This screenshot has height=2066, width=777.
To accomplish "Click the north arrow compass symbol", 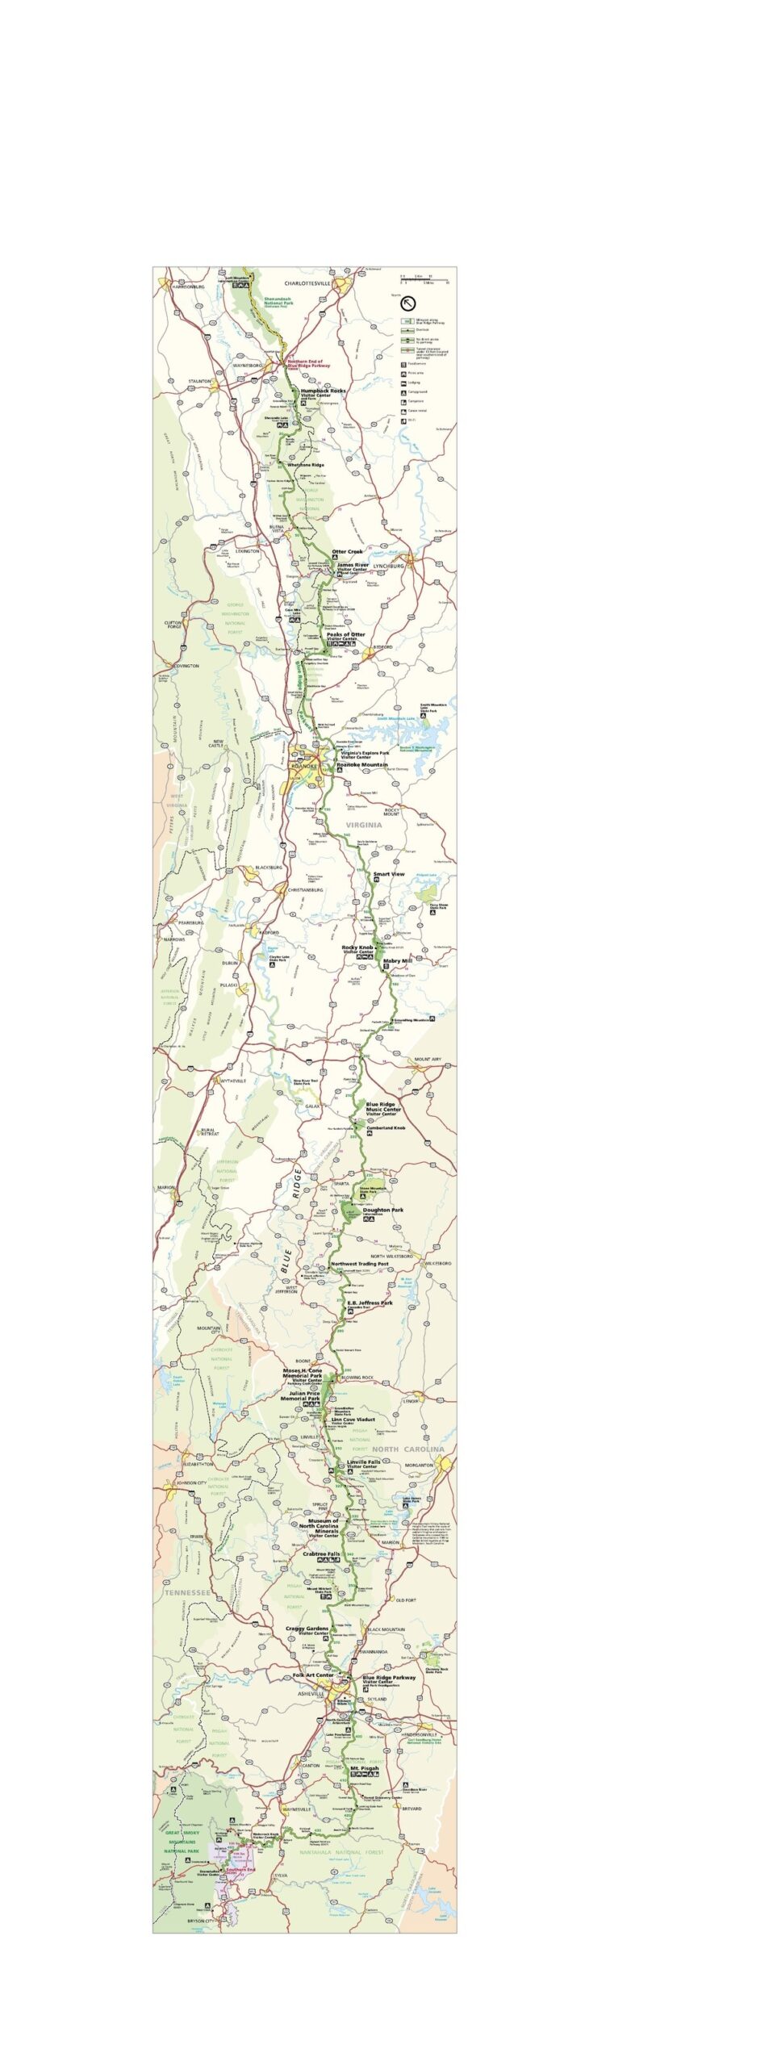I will pyautogui.click(x=408, y=304).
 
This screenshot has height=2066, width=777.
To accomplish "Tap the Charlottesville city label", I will pyautogui.click(x=307, y=284).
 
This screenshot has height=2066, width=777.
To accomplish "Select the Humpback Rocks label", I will pyautogui.click(x=323, y=391).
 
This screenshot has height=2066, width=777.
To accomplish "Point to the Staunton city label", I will pyautogui.click(x=199, y=381).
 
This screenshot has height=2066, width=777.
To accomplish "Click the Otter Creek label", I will pyautogui.click(x=348, y=552).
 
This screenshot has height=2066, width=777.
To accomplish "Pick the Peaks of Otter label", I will pyautogui.click(x=346, y=634).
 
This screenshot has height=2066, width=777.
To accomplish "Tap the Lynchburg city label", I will pyautogui.click(x=388, y=566).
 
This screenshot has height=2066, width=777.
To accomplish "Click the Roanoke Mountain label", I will pyautogui.click(x=367, y=764).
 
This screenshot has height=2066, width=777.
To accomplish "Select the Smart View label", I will pyautogui.click(x=389, y=874).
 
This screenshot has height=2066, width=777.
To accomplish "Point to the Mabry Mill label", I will pyautogui.click(x=397, y=961).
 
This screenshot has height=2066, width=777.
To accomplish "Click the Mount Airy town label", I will pyautogui.click(x=428, y=1059).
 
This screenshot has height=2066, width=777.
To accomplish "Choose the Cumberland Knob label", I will pyautogui.click(x=386, y=1127).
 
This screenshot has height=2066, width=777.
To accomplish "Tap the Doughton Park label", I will pyautogui.click(x=383, y=1210).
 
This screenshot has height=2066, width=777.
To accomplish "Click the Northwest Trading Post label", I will pyautogui.click(x=359, y=1264).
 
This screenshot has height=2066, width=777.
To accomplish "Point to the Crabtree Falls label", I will pyautogui.click(x=321, y=1554).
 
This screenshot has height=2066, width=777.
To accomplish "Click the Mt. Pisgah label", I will pyautogui.click(x=365, y=1768).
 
